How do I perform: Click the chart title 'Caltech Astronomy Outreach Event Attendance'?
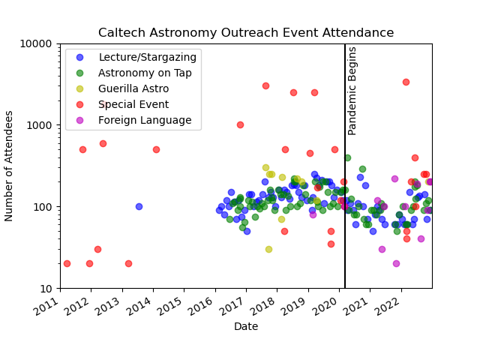[x=246, y=33]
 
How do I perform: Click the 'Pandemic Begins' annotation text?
[x=352, y=90]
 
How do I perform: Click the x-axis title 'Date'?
[x=246, y=327]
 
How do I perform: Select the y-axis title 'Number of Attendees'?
[x=10, y=166]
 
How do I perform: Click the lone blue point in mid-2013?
[x=139, y=206]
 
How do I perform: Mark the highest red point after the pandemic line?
[x=406, y=82]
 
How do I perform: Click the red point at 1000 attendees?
[x=240, y=124]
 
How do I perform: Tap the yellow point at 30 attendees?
[x=268, y=249]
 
